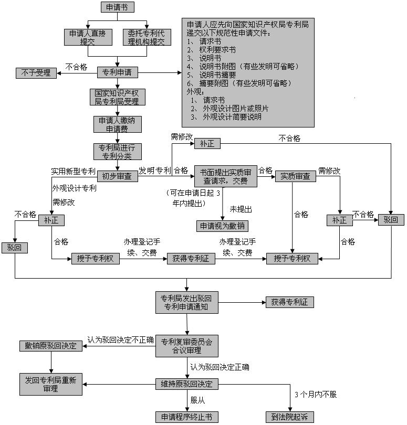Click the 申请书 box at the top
tap(118, 7)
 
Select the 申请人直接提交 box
tap(88, 37)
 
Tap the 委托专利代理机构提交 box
tap(147, 37)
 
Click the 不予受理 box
tap(36, 73)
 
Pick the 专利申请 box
tap(118, 72)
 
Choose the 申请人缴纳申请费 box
tap(118, 124)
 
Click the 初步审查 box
tap(118, 176)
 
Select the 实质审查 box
tap(296, 176)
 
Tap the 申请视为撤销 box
tap(222, 226)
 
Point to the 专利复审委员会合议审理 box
tap(186, 346)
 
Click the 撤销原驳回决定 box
tap(51, 346)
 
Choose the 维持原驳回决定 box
tap(186, 384)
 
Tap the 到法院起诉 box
tap(290, 417)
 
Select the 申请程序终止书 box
tap(186, 417)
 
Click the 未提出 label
tap(241, 209)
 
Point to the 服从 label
tap(197, 400)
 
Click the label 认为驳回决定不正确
tap(120, 340)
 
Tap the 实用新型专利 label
tap(74, 171)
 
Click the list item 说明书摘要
tap(212, 75)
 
